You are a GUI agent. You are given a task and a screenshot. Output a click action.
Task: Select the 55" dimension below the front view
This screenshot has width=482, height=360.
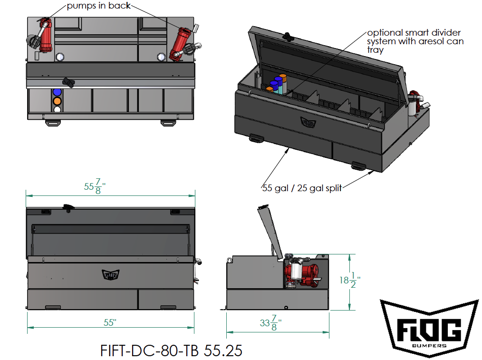[x=110, y=322]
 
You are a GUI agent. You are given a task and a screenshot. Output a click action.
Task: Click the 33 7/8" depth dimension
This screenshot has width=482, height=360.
[x=270, y=325]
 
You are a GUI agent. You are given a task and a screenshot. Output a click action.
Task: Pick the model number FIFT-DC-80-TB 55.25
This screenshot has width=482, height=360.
[x=172, y=350]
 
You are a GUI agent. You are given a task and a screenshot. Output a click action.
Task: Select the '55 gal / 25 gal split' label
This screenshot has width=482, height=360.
[x=302, y=187]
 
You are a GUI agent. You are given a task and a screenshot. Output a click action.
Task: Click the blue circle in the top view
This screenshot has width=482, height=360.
[x=58, y=92]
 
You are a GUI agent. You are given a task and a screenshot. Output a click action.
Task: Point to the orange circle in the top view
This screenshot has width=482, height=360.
[x=58, y=101]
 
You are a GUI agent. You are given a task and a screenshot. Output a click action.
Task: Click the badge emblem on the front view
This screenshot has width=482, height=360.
[x=110, y=273]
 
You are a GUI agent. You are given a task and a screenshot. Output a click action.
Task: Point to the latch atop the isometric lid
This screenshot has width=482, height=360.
[x=287, y=36]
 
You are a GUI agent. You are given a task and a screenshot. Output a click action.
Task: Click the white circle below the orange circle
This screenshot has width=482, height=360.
[x=58, y=109]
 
